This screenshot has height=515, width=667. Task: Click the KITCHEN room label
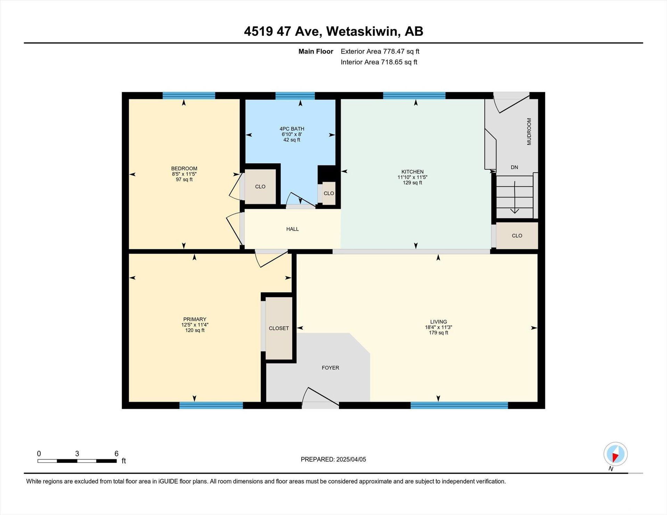pyautogui.click(x=412, y=172)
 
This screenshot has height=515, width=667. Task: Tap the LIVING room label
pyautogui.click(x=438, y=322)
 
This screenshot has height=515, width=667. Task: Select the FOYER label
pyautogui.click(x=330, y=368)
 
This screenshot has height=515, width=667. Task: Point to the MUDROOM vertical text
pyautogui.click(x=529, y=132)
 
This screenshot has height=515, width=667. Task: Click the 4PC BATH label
pyautogui.click(x=292, y=129)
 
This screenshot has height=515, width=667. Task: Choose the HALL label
pyautogui.click(x=293, y=229)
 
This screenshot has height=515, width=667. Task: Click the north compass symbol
pyautogui.click(x=616, y=454)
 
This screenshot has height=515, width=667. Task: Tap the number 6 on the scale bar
pyautogui.click(x=116, y=454)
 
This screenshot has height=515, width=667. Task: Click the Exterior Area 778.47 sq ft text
pyautogui.click(x=380, y=51)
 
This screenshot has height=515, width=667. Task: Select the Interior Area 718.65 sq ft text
pyautogui.click(x=379, y=62)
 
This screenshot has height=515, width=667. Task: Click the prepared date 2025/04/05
pyautogui.click(x=351, y=459)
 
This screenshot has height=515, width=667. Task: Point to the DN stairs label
pyautogui.click(x=514, y=167)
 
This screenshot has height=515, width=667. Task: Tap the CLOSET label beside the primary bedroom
pyautogui.click(x=279, y=328)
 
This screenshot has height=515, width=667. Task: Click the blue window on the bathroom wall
pyautogui.click(x=295, y=96)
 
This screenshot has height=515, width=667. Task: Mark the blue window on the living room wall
pyautogui.click(x=459, y=405)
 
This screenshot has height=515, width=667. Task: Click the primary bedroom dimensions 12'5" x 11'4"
pyautogui.click(x=195, y=325)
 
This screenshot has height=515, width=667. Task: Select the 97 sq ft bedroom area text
pyautogui.click(x=184, y=180)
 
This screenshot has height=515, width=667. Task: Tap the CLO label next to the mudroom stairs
pyautogui.click(x=517, y=236)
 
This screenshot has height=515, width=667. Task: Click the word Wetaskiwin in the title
pyautogui.click(x=362, y=31)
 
